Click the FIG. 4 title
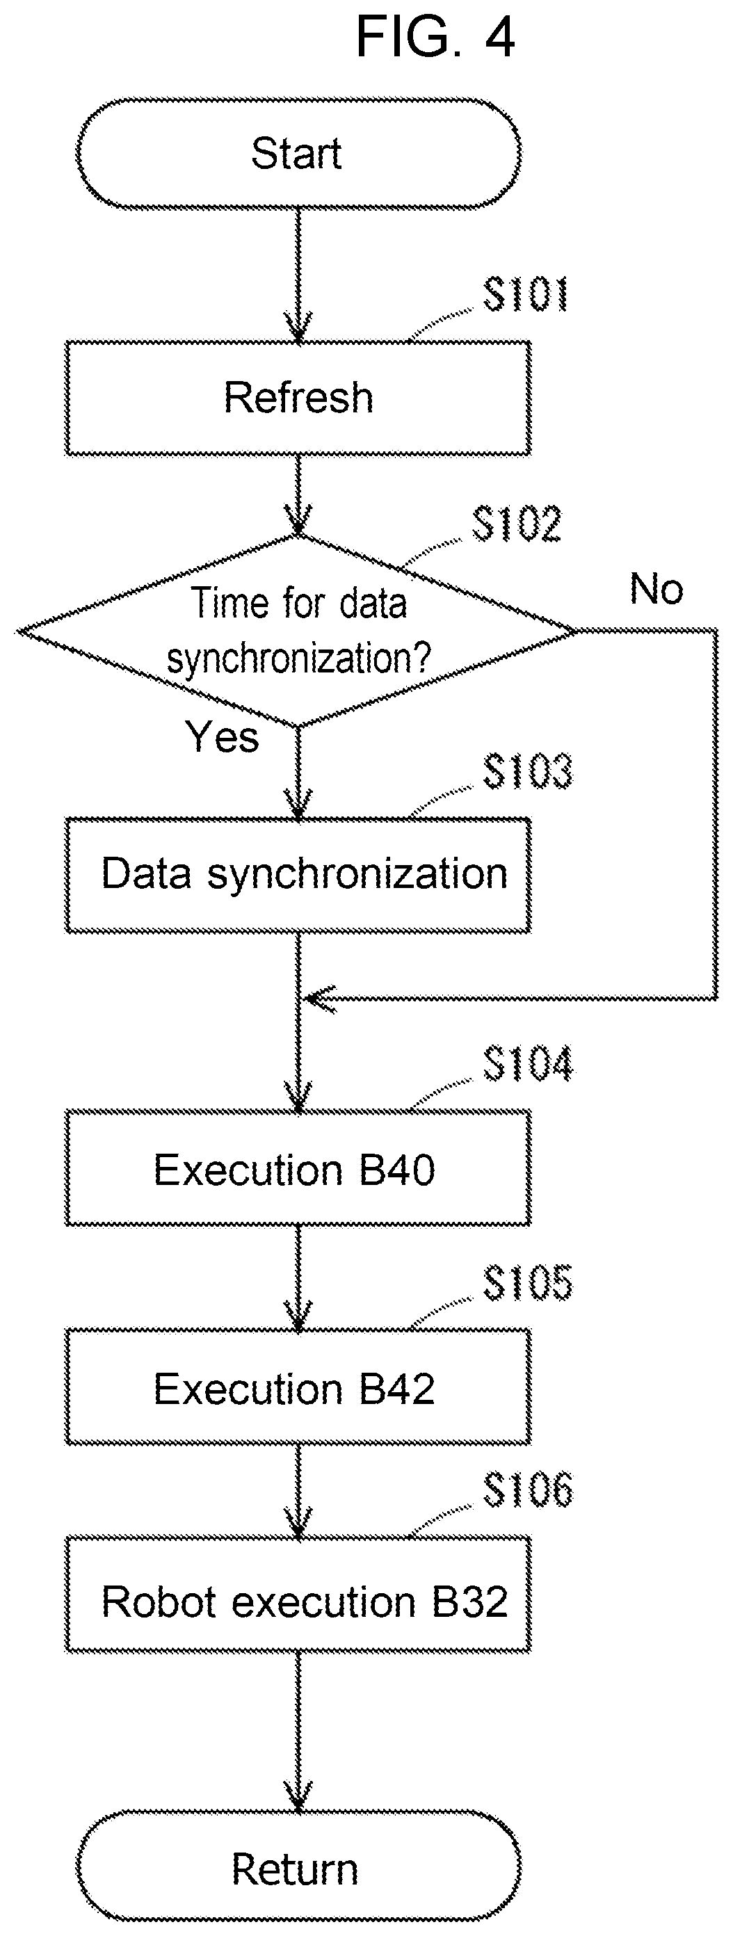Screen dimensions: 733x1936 click(435, 36)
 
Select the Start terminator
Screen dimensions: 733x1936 click(298, 153)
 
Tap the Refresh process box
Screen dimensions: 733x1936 click(298, 398)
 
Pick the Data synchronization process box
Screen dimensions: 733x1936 click(298, 875)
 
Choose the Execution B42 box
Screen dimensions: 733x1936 click(298, 1387)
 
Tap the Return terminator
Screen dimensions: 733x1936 click(298, 1869)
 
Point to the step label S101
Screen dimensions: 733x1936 click(526, 294)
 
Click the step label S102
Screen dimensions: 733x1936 click(517, 524)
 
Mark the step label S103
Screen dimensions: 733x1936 click(528, 772)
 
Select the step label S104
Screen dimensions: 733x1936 click(528, 1063)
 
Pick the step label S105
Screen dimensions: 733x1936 click(528, 1282)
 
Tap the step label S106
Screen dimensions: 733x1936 click(528, 1490)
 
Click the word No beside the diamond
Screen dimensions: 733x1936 click(657, 588)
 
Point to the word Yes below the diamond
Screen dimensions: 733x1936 click(223, 736)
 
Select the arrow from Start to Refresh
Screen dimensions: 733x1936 click(298, 275)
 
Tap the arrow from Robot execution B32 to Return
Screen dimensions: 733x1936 click(298, 1732)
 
